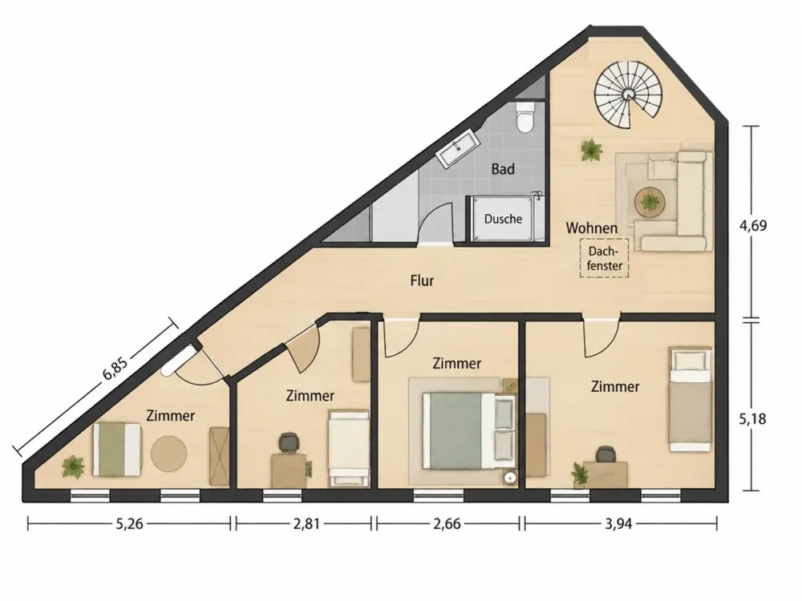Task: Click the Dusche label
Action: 504,220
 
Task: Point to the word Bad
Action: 503,169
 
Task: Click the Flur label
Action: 422,280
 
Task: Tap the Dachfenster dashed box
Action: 604,258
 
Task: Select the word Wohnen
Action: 591,228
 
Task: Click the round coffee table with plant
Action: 650,202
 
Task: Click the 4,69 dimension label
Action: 753,225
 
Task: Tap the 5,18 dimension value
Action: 753,419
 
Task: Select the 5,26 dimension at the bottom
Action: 129,524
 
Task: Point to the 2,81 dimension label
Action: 306,524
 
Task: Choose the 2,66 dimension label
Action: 447,524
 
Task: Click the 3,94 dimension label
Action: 619,524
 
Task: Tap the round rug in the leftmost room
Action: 168,453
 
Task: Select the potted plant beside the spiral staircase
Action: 592,151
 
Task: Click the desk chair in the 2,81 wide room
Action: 289,442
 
